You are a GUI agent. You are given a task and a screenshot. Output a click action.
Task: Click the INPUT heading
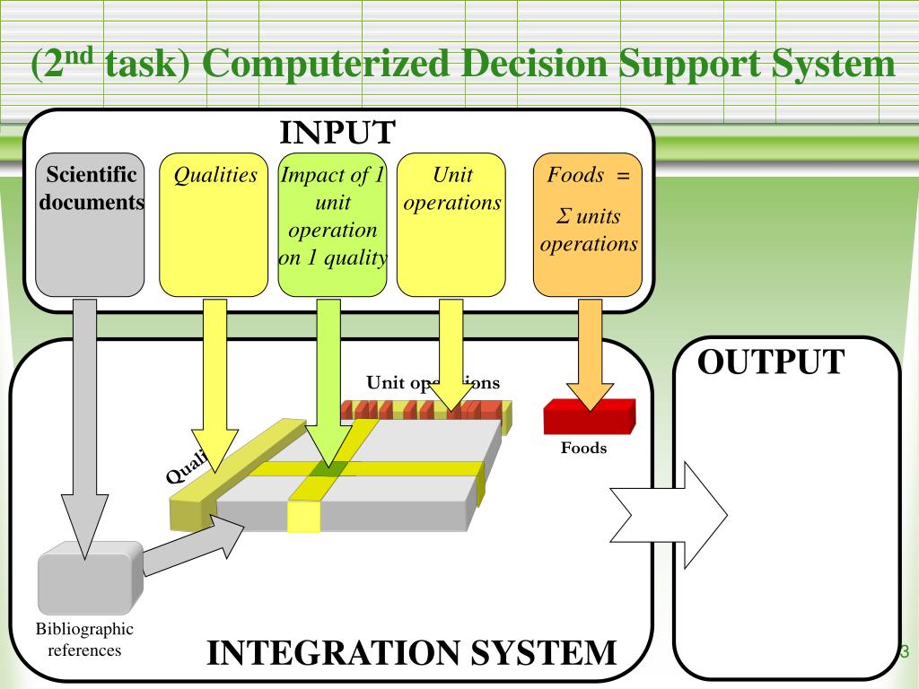[337, 132]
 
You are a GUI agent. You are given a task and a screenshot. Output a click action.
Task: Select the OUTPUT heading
[771, 362]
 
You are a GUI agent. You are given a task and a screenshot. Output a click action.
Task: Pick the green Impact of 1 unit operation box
[332, 224]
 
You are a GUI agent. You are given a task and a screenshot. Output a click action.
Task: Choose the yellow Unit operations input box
[451, 224]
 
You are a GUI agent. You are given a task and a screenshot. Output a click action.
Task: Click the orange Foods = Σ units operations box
[588, 224]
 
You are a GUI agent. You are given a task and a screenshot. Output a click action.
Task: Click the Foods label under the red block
[584, 448]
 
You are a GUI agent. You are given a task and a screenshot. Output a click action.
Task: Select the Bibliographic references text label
[84, 640]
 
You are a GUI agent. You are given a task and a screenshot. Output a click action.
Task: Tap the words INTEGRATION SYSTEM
[412, 652]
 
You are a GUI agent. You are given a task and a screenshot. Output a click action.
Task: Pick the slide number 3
[904, 651]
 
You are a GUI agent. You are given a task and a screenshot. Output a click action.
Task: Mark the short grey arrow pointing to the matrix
[193, 547]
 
